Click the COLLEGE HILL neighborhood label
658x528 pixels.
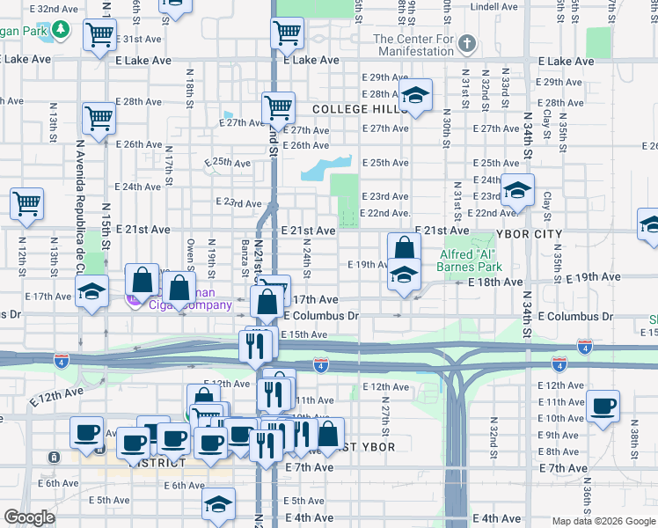[x=354, y=109]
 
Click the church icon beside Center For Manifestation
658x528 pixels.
[x=467, y=42]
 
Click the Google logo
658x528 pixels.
[x=29, y=517]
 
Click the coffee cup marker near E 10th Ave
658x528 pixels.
[x=603, y=406]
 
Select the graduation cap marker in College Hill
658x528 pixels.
[x=416, y=96]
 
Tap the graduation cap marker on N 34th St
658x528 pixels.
[x=518, y=190]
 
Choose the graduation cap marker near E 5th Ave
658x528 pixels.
[x=218, y=504]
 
